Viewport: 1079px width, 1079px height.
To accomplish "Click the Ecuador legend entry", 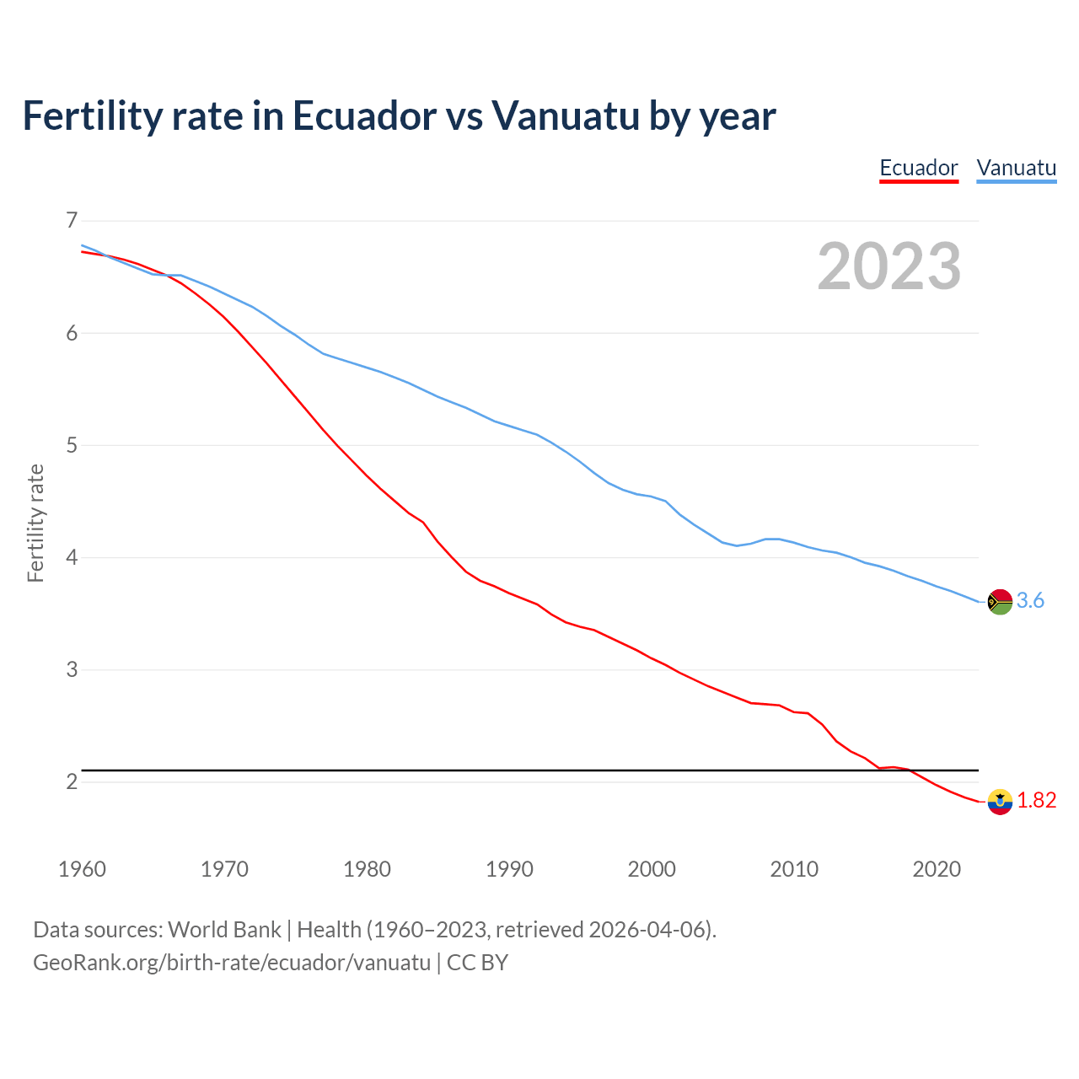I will [919, 168].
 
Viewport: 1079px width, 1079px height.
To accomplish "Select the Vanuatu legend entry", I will [1016, 168].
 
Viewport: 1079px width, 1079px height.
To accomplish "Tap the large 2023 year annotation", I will [889, 266].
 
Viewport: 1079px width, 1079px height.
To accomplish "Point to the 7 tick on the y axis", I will [72, 221].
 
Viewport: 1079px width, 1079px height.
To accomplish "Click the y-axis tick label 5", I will [72, 445].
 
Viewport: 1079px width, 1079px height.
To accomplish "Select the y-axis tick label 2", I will [72, 781].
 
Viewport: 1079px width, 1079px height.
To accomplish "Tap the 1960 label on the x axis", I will [82, 869].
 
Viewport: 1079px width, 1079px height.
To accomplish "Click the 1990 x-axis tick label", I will [509, 869].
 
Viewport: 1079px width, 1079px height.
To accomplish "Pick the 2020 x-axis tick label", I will [937, 869].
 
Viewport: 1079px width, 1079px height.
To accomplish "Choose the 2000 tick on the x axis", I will [652, 869].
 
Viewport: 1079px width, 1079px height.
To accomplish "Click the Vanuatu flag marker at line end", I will [1000, 602].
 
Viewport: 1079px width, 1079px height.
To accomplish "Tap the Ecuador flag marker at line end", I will [1000, 802].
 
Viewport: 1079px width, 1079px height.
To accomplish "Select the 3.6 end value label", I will [1030, 601].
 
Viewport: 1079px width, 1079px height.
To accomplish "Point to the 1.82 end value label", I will [1036, 801].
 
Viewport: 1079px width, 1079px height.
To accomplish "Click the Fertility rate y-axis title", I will [35, 523].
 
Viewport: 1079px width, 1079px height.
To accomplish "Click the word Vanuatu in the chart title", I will [566, 115].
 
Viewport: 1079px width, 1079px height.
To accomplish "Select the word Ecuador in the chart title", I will [364, 115].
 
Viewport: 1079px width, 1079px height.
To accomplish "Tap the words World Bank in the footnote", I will [224, 930].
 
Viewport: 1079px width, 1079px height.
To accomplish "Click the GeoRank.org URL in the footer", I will [232, 963].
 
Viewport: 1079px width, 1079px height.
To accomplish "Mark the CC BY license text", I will [477, 963].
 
